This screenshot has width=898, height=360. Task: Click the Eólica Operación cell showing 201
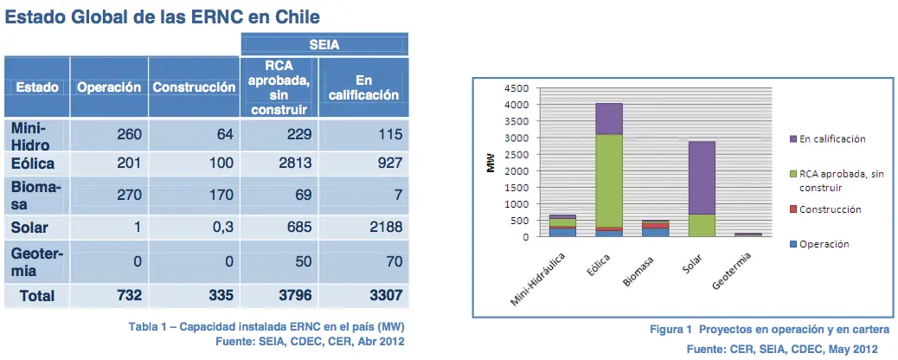[x=109, y=164]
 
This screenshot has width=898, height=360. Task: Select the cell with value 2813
[x=279, y=164]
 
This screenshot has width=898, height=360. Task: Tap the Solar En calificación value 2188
[x=363, y=227]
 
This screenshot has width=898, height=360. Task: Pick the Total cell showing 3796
[x=279, y=296]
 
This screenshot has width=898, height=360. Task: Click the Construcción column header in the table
[x=194, y=87]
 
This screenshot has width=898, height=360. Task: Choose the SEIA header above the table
[x=324, y=44]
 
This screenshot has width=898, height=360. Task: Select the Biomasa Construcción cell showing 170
[x=194, y=195]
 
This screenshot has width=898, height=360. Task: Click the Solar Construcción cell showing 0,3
[x=194, y=227]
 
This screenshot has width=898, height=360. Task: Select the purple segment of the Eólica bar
[x=608, y=119]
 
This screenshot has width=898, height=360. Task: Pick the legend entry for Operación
[x=819, y=244]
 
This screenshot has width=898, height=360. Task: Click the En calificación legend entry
[x=827, y=139]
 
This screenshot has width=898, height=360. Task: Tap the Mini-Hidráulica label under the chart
[x=537, y=279]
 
